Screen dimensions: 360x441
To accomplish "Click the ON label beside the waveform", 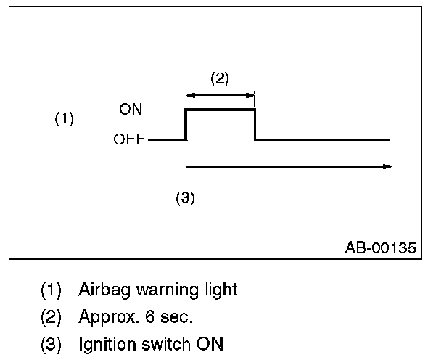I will [x=131, y=110].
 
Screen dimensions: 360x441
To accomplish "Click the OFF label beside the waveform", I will [x=129, y=139].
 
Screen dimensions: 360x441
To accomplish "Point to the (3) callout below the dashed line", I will [x=186, y=197].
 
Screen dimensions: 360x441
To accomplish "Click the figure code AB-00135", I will [x=381, y=248].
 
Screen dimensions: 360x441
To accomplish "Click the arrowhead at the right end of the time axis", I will [x=387, y=166].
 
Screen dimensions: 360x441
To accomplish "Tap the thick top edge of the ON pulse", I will [x=220, y=110].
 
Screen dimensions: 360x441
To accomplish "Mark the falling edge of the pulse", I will [x=255, y=124].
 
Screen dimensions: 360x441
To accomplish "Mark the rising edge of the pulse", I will [x=186, y=124].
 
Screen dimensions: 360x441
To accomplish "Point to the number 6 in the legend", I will [x=141, y=316].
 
